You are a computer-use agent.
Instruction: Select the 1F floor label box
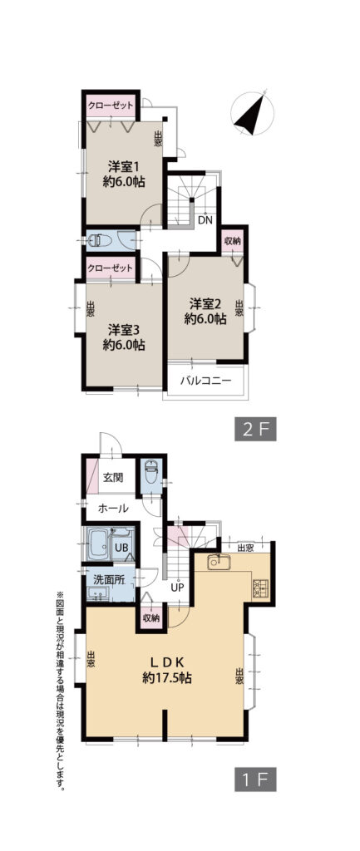(x=256, y=779)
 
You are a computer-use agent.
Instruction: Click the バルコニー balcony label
(x=206, y=380)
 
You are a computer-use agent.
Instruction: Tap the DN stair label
(x=205, y=219)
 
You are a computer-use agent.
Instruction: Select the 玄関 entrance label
(x=113, y=478)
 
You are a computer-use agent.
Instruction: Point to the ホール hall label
(x=113, y=509)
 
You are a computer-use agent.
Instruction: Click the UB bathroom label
(x=121, y=548)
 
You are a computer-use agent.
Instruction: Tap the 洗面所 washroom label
(x=109, y=578)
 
